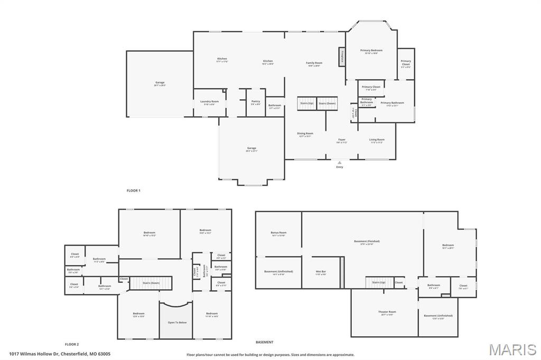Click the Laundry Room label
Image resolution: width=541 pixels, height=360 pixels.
pyautogui.click(x=209, y=101)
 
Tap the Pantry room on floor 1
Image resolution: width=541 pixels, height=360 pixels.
pyautogui.click(x=256, y=102)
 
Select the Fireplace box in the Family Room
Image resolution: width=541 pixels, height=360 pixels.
pyautogui.click(x=342, y=56)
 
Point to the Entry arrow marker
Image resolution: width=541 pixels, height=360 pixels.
pyautogui.click(x=340, y=163)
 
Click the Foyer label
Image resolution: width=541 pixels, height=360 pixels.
pyautogui.click(x=342, y=140)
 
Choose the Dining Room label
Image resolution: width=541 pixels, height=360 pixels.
pyautogui.click(x=305, y=134)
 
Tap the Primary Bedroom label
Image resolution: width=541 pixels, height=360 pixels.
pyautogui.click(x=371, y=51)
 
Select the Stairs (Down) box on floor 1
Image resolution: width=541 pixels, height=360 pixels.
pyautogui.click(x=327, y=103)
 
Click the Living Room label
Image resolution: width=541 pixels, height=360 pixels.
pyautogui.click(x=377, y=140)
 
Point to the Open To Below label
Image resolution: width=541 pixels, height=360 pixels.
pyautogui.click(x=178, y=322)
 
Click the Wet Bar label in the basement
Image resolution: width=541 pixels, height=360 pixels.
pyautogui.click(x=321, y=272)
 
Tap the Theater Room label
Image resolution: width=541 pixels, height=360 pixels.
pyautogui.click(x=387, y=312)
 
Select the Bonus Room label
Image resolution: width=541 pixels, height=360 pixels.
pyautogui.click(x=278, y=233)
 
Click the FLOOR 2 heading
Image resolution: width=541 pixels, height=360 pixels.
pyautogui.click(x=72, y=344)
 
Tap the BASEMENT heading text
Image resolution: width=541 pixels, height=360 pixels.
pyautogui.click(x=265, y=342)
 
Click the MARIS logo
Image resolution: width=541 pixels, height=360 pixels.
pyautogui.click(x=512, y=349)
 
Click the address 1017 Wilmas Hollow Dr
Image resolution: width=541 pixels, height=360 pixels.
pyautogui.click(x=59, y=354)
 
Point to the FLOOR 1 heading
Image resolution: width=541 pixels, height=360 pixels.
pyautogui.click(x=133, y=190)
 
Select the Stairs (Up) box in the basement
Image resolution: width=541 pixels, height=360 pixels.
pyautogui.click(x=379, y=283)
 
